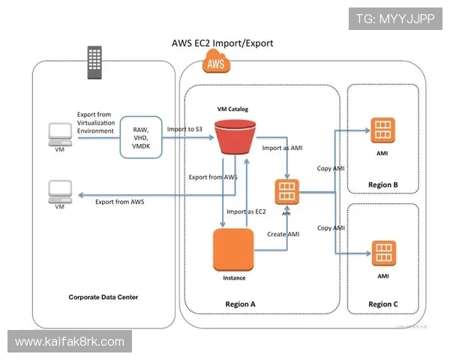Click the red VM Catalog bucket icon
pyautogui.click(x=232, y=138)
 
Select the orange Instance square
pyautogui.click(x=234, y=251)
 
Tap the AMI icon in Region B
pyautogui.click(x=382, y=129)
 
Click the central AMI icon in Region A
pyautogui.click(x=286, y=191)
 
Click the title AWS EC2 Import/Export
pyautogui.click(x=223, y=43)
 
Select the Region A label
pyautogui.click(x=241, y=304)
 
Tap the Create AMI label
pyautogui.click(x=283, y=235)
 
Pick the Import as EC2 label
pyautogui.click(x=247, y=211)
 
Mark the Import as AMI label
pyautogui.click(x=283, y=148)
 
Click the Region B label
pyautogui.click(x=382, y=184)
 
